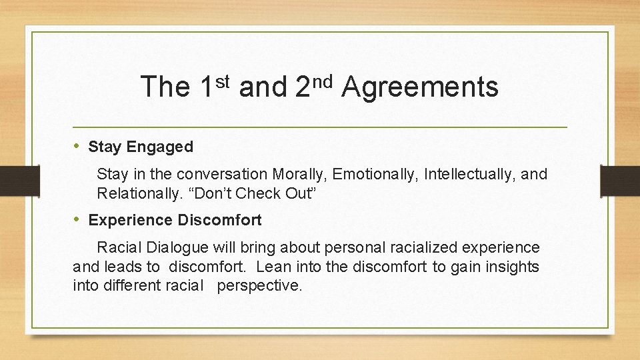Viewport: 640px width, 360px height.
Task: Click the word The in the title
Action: point(165,87)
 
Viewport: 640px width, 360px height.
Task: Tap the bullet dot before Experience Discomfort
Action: point(77,219)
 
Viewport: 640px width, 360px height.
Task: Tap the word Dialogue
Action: point(178,248)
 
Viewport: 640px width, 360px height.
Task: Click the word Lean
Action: point(271,267)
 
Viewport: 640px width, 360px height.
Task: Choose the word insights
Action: point(513,267)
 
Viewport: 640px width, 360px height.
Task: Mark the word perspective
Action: point(264,287)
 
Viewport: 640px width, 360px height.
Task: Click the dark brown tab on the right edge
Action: point(619,181)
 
